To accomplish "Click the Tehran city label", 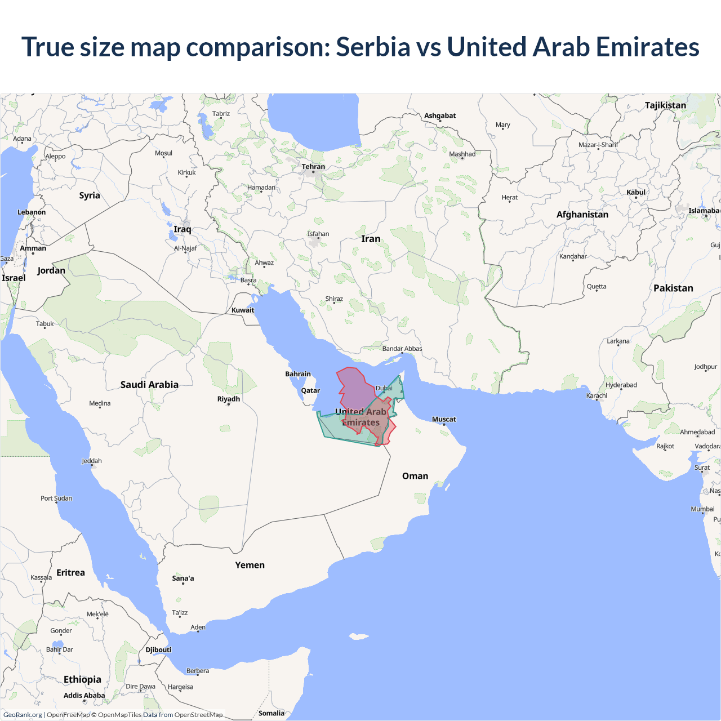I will pyautogui.click(x=313, y=167).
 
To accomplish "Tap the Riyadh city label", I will pyautogui.click(x=229, y=399).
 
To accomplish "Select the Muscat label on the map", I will pyautogui.click(x=444, y=419).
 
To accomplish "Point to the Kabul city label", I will pyautogui.click(x=636, y=192).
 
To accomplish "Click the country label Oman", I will pyautogui.click(x=415, y=476).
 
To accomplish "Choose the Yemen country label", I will pyautogui.click(x=250, y=565).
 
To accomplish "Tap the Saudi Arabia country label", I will pyautogui.click(x=149, y=385).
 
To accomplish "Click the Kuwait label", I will pyautogui.click(x=243, y=310).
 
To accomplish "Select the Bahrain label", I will pyautogui.click(x=298, y=374).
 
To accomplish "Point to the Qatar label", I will pyautogui.click(x=310, y=390).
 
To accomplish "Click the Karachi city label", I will pyautogui.click(x=597, y=395).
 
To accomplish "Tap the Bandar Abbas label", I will pyautogui.click(x=402, y=349).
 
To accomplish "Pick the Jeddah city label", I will pyautogui.click(x=92, y=461).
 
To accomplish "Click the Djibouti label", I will pyautogui.click(x=158, y=650).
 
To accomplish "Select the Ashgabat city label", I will pyautogui.click(x=440, y=115).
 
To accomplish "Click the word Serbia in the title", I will pyautogui.click(x=373, y=47).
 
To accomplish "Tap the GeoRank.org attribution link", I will pyautogui.click(x=23, y=715).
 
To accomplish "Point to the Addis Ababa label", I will pyautogui.click(x=84, y=696).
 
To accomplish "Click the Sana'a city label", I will pyautogui.click(x=183, y=578).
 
